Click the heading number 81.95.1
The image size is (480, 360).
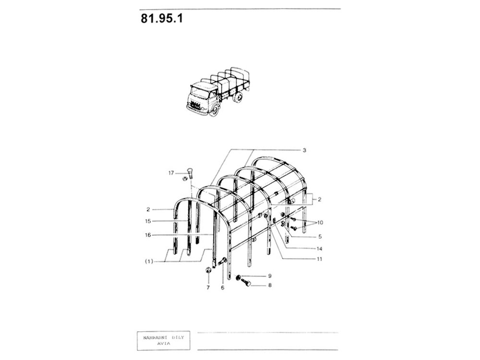tap(162, 18)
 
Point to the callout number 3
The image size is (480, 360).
tap(304, 150)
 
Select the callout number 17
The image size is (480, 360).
tap(171, 173)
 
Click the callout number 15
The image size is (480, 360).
tap(148, 221)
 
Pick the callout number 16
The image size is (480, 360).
tap(148, 235)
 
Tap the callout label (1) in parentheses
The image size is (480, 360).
tap(149, 262)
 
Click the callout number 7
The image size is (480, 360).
tap(208, 288)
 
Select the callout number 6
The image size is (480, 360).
tap(223, 288)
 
